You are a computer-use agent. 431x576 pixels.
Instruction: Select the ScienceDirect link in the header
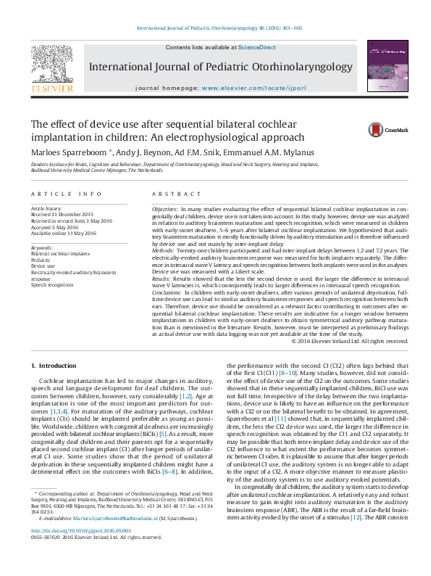(x=259, y=47)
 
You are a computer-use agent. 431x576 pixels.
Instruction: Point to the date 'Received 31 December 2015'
(x=62, y=215)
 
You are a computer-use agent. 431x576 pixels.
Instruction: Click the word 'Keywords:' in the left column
(x=42, y=247)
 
